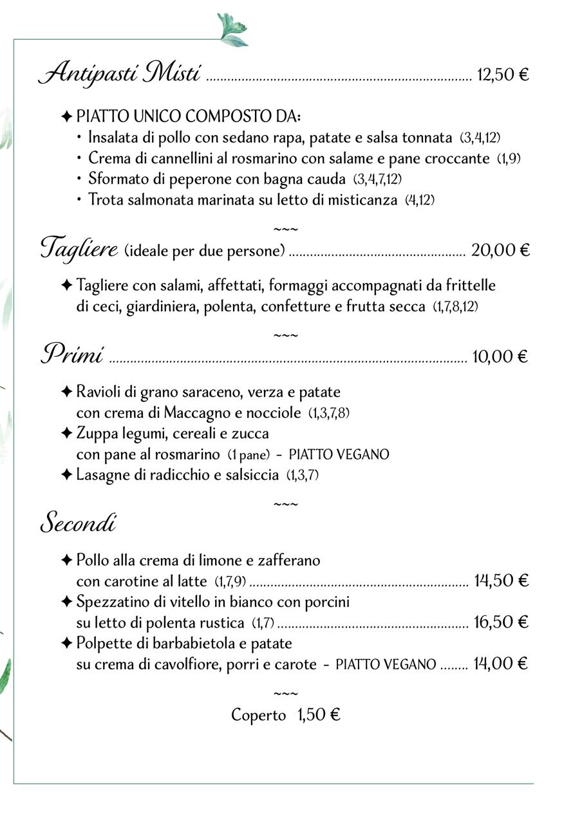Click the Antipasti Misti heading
(120, 73)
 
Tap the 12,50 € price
(503, 75)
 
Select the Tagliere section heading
(79, 248)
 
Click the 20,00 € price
(500, 250)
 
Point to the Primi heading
(72, 354)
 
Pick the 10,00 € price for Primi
(500, 356)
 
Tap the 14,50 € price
(501, 581)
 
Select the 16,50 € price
(501, 622)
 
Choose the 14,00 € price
(501, 663)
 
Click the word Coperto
(258, 715)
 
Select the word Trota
(104, 200)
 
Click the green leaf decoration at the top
(232, 30)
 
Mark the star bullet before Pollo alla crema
(66, 561)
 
